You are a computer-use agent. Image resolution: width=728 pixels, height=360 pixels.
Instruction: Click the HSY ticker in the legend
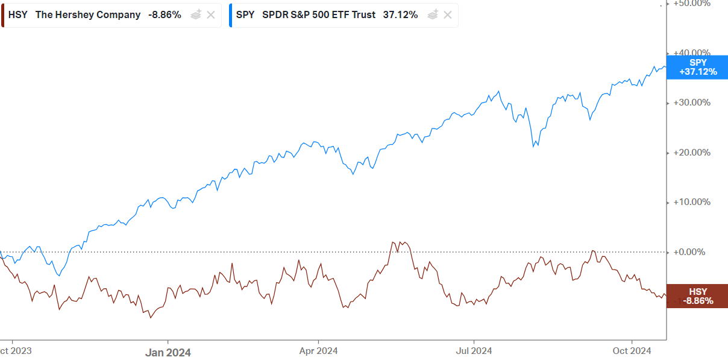pyautogui.click(x=17, y=15)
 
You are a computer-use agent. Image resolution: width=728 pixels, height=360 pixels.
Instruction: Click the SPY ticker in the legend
pyautogui.click(x=245, y=15)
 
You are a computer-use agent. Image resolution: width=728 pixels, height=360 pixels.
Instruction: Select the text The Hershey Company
pyautogui.click(x=88, y=15)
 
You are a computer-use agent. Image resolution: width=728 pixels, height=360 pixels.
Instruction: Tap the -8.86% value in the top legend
pyautogui.click(x=165, y=15)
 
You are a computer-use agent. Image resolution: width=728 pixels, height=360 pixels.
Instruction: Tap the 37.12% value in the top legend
pyautogui.click(x=400, y=15)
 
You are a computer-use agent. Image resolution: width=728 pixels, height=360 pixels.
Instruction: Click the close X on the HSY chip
pyautogui.click(x=211, y=15)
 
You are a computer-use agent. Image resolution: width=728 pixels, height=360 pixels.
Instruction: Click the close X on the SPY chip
pyautogui.click(x=448, y=15)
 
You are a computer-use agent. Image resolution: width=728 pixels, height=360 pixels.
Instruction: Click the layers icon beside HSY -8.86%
pyautogui.click(x=196, y=15)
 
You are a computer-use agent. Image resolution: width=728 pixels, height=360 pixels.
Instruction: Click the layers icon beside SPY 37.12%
pyautogui.click(x=433, y=15)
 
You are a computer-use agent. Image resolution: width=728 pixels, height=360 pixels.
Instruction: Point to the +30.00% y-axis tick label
pyautogui.click(x=691, y=103)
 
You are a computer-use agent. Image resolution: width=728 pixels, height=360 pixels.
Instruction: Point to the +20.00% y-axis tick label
pyautogui.click(x=691, y=153)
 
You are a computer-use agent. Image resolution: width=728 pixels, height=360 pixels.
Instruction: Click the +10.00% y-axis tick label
pyautogui.click(x=691, y=202)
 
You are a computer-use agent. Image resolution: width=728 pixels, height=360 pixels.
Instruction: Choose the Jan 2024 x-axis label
pyautogui.click(x=168, y=352)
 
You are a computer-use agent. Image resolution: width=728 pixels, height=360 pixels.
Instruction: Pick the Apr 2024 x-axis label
pyautogui.click(x=318, y=350)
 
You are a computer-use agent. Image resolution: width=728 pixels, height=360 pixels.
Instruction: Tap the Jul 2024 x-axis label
pyautogui.click(x=474, y=350)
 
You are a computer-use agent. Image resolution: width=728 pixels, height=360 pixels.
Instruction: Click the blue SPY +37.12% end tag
pyautogui.click(x=697, y=67)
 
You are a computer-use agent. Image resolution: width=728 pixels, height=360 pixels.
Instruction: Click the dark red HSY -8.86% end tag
pyautogui.click(x=697, y=296)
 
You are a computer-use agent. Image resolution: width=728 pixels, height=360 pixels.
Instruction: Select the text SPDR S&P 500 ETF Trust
pyautogui.click(x=318, y=15)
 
